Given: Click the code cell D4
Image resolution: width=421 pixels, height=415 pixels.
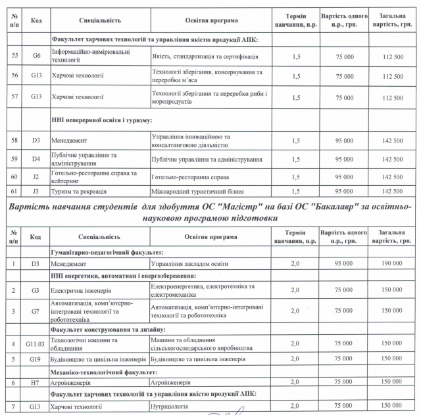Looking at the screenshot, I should tap(36, 159).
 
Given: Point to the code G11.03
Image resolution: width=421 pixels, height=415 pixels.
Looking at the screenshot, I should tap(36, 343).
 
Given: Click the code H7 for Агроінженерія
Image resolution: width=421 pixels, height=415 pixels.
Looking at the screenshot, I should tap(36, 382).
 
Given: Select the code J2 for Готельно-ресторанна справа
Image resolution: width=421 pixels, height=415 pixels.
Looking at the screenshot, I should tap(36, 176).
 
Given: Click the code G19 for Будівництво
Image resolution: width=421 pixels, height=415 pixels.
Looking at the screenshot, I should tap(36, 359).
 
